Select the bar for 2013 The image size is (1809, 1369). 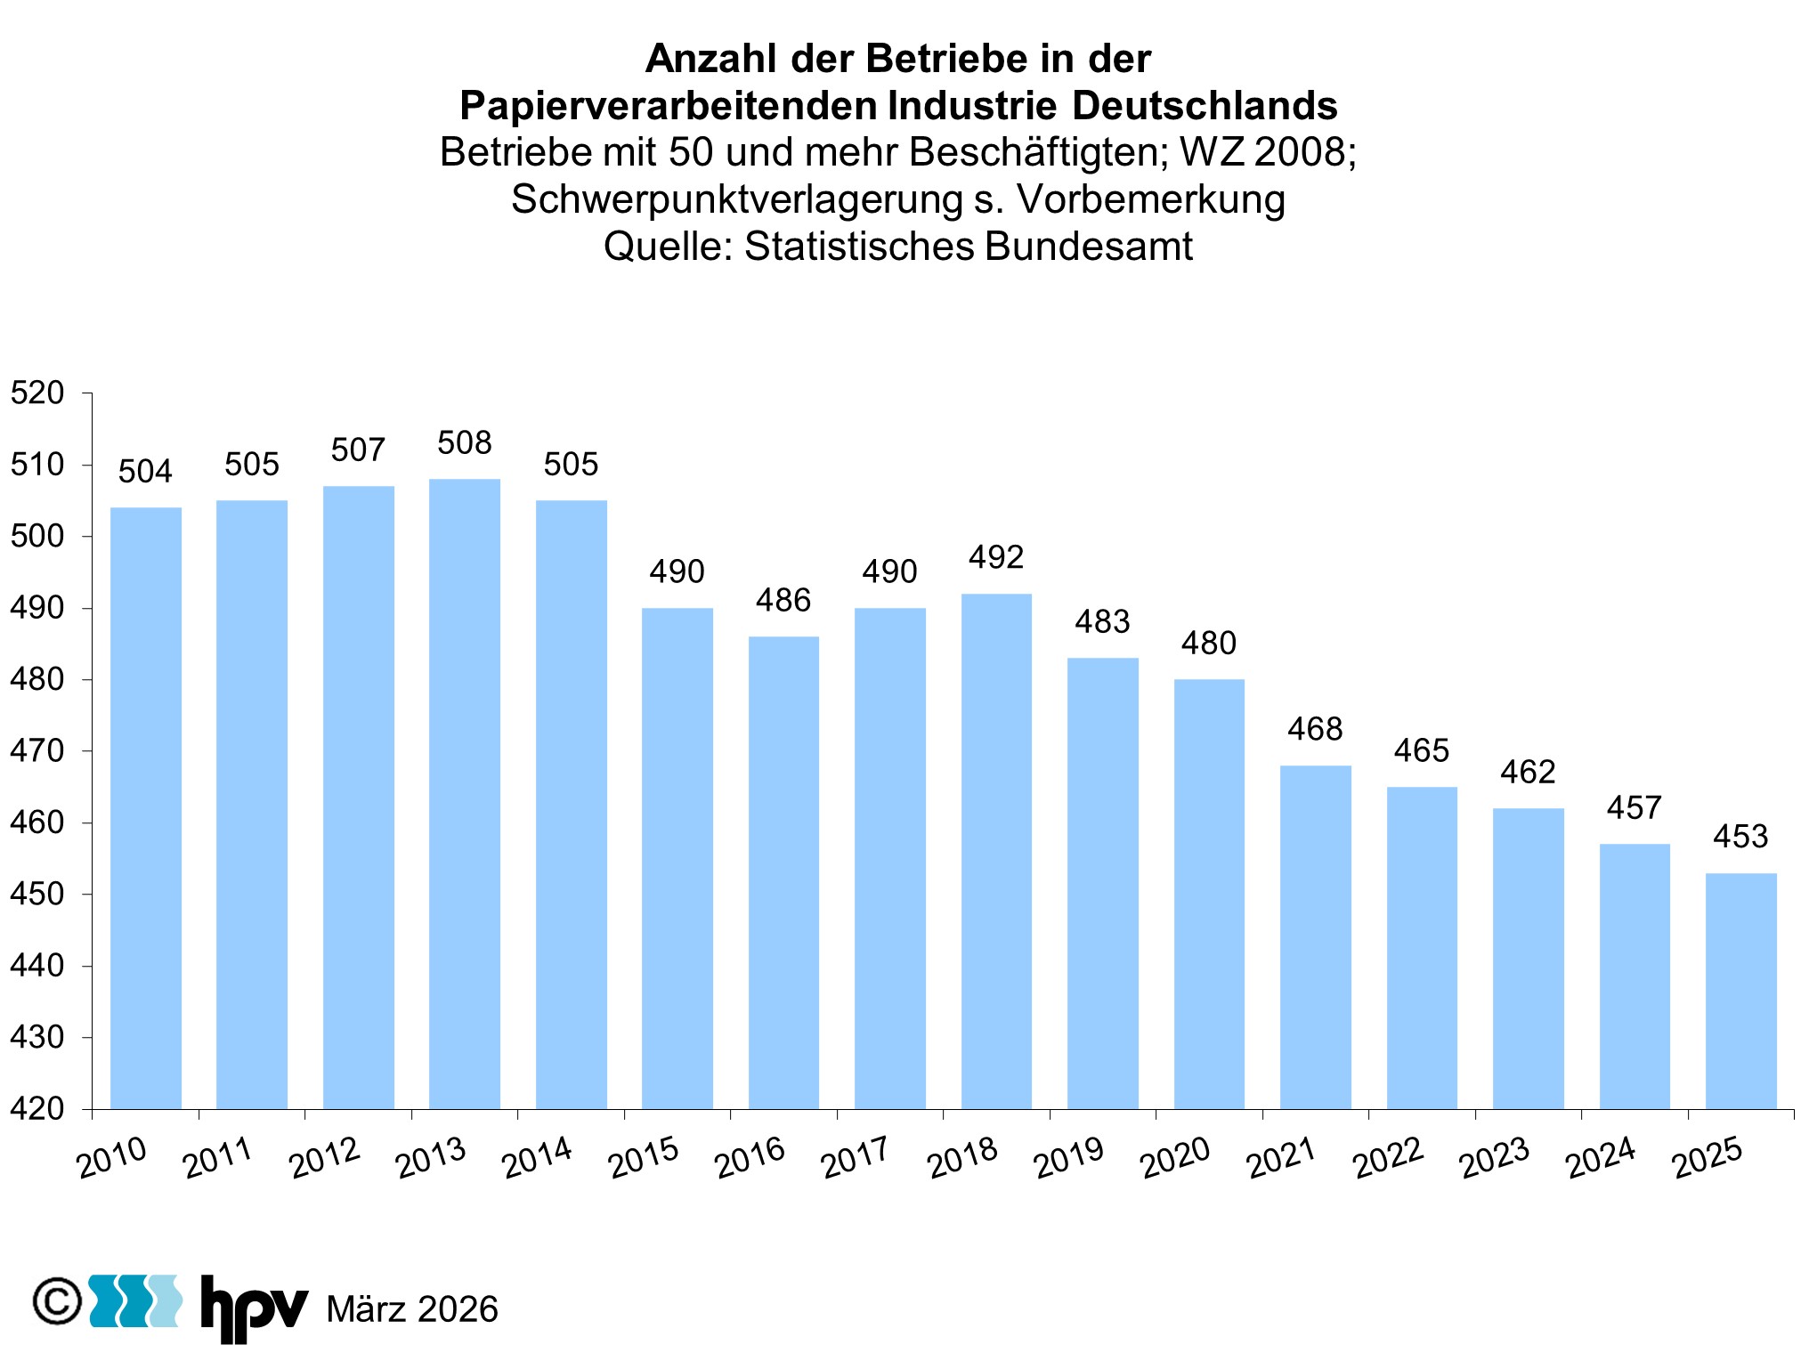(x=465, y=793)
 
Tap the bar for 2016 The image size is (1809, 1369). (x=783, y=872)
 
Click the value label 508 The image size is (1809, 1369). (x=465, y=442)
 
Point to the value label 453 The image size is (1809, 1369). (x=1740, y=837)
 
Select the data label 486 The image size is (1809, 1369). (x=783, y=601)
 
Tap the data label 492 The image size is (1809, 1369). (x=996, y=557)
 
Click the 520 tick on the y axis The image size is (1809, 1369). (x=37, y=393)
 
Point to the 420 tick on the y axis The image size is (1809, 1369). (x=37, y=1109)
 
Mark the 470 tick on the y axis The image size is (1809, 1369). (x=37, y=751)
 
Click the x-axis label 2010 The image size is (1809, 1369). (x=112, y=1158)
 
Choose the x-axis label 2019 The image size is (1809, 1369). (x=1069, y=1158)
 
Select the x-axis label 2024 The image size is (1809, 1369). (x=1601, y=1158)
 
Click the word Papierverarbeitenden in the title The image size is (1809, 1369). (x=668, y=106)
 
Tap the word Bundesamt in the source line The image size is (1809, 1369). (x=1089, y=247)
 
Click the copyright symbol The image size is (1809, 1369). (x=57, y=1302)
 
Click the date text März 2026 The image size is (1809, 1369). (x=412, y=1309)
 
